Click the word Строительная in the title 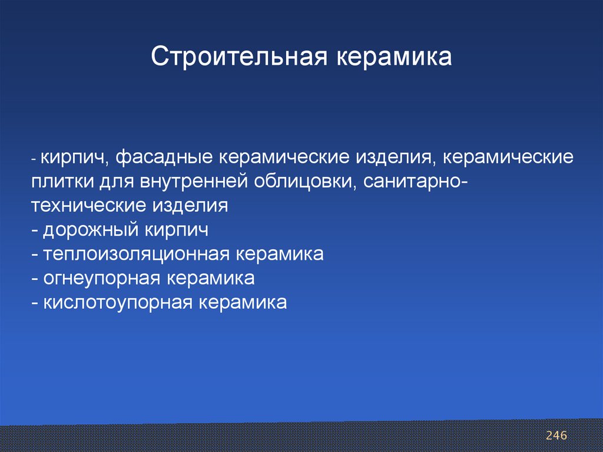point(239,57)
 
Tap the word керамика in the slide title point(394,57)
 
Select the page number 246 point(556,435)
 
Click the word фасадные point(164,157)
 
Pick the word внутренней point(194,182)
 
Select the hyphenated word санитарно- point(415,182)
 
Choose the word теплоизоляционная point(137,255)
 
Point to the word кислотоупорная point(118,303)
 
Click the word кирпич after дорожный point(177,230)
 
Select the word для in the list point(117,182)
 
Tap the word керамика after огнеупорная point(210,279)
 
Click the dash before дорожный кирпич point(35,231)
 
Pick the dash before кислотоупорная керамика point(35,303)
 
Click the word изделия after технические point(190,206)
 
